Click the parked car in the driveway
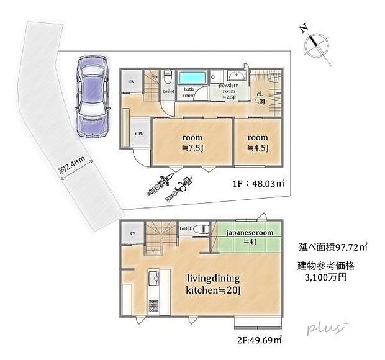91,97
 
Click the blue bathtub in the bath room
194,79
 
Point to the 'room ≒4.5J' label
258,142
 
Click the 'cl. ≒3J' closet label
261,98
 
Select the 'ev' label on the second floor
132,233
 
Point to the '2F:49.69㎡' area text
259,339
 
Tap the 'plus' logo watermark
324,328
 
